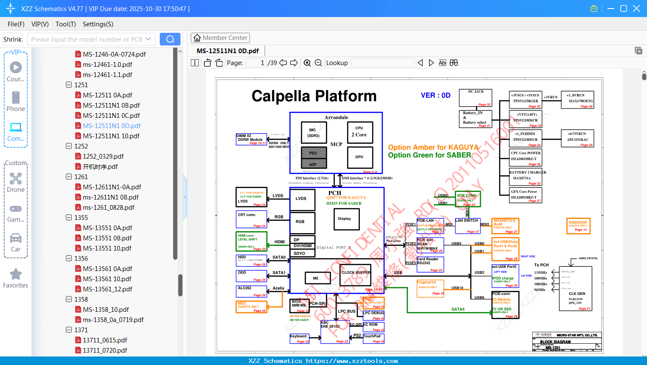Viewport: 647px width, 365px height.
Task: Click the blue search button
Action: coord(170,39)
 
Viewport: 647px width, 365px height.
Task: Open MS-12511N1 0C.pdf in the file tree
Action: coord(111,115)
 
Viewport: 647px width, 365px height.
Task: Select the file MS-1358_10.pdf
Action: coord(106,309)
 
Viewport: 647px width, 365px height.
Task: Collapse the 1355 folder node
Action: coord(69,217)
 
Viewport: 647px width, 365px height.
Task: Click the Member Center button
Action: coord(220,38)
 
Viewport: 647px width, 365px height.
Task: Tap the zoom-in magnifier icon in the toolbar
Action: coord(307,63)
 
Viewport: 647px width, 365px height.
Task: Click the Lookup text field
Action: coord(382,63)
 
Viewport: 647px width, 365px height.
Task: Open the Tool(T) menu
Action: coord(65,24)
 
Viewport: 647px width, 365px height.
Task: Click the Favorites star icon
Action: coord(16,274)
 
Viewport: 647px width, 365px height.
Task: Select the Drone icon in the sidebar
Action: coord(16,179)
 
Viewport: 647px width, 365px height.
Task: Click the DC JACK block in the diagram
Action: coord(475,97)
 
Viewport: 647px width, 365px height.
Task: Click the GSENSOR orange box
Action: coord(578,225)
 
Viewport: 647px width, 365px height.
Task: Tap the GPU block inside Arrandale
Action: coord(359,157)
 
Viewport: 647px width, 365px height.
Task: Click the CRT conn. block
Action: coord(251,219)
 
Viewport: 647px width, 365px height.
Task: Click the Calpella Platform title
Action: coord(314,96)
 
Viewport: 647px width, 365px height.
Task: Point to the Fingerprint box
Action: coord(430,287)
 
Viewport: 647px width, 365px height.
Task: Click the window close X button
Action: coord(636,9)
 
